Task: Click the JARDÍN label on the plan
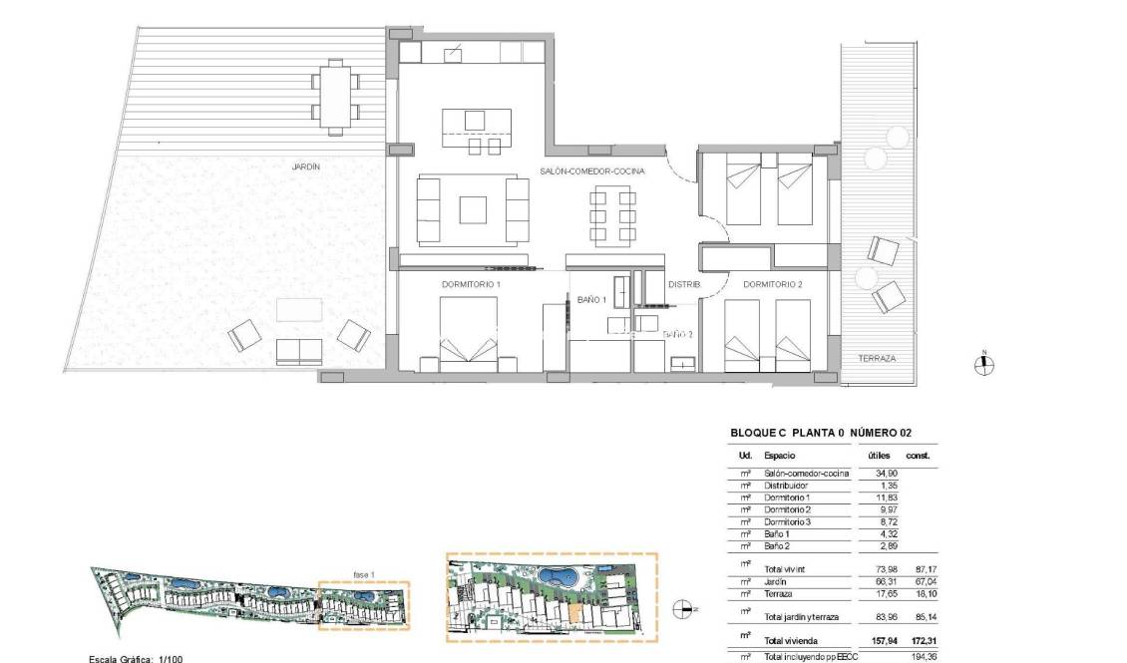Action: [306, 167]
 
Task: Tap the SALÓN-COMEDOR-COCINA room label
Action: [592, 171]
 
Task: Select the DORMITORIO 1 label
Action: [471, 285]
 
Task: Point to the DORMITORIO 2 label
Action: [773, 285]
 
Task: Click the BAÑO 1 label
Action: [591, 299]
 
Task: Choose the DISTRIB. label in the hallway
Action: [684, 285]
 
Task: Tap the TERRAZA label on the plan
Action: [877, 358]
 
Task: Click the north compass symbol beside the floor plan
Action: [984, 365]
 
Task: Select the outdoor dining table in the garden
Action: [336, 96]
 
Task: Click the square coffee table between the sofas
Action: [473, 209]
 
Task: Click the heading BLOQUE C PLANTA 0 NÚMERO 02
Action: [821, 434]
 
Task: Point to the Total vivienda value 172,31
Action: [919, 640]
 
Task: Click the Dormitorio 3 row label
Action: [788, 521]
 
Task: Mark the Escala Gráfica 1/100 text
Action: [135, 658]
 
